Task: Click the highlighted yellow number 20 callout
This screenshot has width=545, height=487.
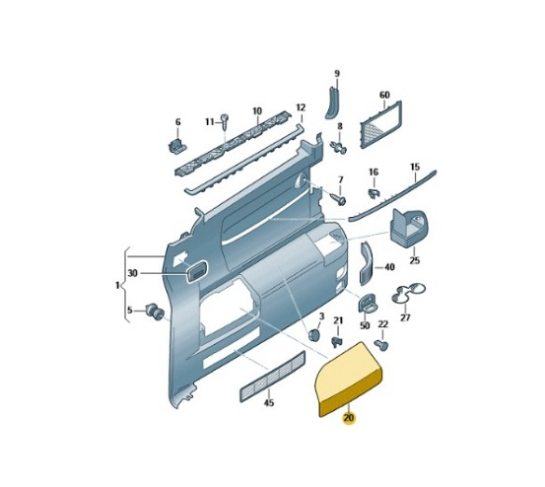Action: tap(349, 417)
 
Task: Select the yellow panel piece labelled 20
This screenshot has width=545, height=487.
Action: tap(348, 378)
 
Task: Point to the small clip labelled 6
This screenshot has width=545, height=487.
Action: tap(177, 145)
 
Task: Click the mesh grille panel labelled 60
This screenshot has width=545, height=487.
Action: tap(381, 124)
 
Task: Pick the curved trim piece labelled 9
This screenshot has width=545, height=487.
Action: tap(332, 104)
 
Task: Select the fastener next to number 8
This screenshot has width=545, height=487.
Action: tap(340, 147)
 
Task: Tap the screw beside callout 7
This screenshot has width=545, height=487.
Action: tap(339, 199)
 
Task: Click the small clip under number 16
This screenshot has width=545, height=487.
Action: tap(374, 193)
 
